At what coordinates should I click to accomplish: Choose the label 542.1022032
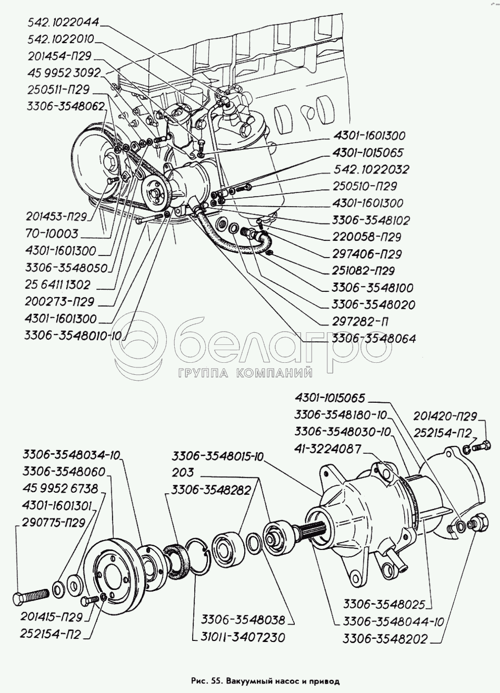(x=372, y=169)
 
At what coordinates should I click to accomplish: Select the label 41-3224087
(x=328, y=449)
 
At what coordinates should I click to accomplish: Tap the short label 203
(x=183, y=472)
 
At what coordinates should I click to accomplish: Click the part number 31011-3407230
(x=243, y=637)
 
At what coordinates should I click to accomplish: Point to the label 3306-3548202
(x=386, y=639)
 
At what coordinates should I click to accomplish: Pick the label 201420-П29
(x=445, y=416)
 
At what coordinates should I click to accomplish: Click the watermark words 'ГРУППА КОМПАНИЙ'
(x=245, y=373)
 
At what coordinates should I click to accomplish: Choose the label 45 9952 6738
(x=61, y=488)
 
